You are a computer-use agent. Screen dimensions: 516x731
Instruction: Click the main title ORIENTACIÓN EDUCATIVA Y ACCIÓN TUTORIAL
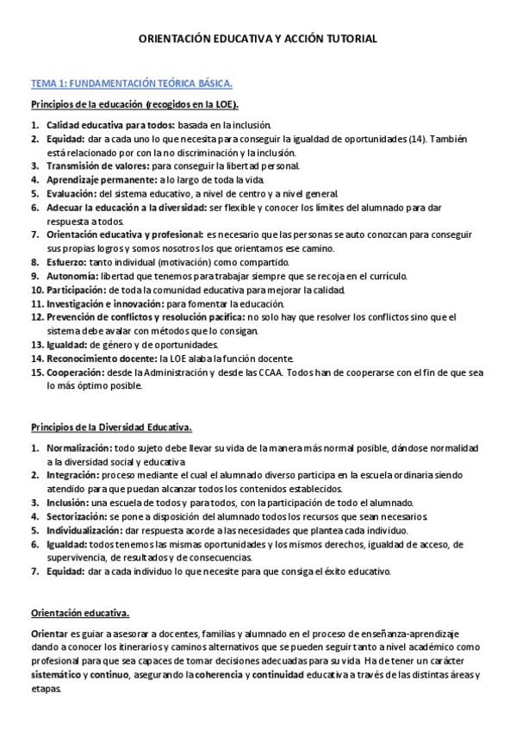258,40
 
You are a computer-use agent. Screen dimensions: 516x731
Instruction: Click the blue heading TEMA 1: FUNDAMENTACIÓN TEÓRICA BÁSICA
131,84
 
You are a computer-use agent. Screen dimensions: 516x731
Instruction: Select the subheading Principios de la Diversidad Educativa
111,427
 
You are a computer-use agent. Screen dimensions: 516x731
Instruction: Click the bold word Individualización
83,529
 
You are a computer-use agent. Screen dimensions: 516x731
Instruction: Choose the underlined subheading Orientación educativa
80,613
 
